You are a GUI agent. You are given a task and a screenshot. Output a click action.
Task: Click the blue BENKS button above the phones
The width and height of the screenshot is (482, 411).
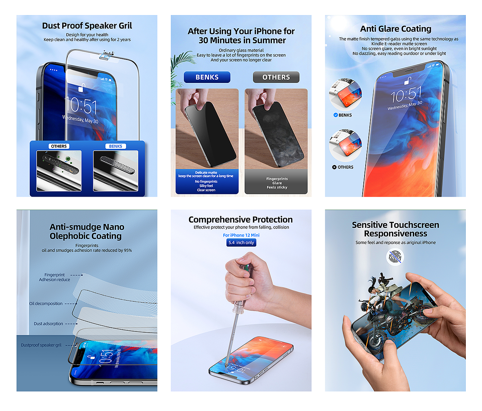(207, 77)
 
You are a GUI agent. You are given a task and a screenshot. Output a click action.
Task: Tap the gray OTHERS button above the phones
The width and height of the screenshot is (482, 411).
(276, 77)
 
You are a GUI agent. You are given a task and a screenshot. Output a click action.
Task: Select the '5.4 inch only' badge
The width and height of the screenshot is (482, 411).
(241, 243)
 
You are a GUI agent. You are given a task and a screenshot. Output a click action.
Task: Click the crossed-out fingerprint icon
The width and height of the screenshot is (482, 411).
(395, 257)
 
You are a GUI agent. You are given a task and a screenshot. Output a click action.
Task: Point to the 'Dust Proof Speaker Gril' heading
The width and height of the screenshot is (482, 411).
(87, 26)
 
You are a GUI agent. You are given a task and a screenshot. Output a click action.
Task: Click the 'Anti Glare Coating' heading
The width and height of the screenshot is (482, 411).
(395, 29)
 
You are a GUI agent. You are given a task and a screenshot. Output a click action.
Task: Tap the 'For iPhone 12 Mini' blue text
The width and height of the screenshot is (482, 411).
(241, 235)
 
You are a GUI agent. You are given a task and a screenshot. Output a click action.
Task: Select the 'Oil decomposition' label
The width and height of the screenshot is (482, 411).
(46, 304)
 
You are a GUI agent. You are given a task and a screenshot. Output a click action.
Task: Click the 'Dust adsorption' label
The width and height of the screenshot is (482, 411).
(48, 324)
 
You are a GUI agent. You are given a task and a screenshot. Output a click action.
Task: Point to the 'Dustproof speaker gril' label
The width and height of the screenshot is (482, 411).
(41, 345)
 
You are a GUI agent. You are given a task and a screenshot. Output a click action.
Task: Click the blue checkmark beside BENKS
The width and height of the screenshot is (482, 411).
(336, 115)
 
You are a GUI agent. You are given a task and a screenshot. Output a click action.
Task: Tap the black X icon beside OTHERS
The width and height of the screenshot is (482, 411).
(334, 167)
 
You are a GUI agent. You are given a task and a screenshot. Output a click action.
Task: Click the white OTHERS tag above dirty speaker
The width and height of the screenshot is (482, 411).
(59, 146)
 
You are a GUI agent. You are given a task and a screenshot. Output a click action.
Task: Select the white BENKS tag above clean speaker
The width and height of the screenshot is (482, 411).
(116, 146)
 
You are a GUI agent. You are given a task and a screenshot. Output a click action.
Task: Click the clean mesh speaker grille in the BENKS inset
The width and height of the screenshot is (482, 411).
(117, 165)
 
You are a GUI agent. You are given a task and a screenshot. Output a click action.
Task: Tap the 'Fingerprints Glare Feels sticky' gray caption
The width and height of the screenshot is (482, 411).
(277, 183)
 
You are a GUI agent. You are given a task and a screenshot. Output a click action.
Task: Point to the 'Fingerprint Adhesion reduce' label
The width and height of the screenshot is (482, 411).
(54, 277)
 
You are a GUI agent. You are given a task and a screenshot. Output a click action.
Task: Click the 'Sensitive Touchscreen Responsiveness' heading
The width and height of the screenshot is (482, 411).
(395, 229)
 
